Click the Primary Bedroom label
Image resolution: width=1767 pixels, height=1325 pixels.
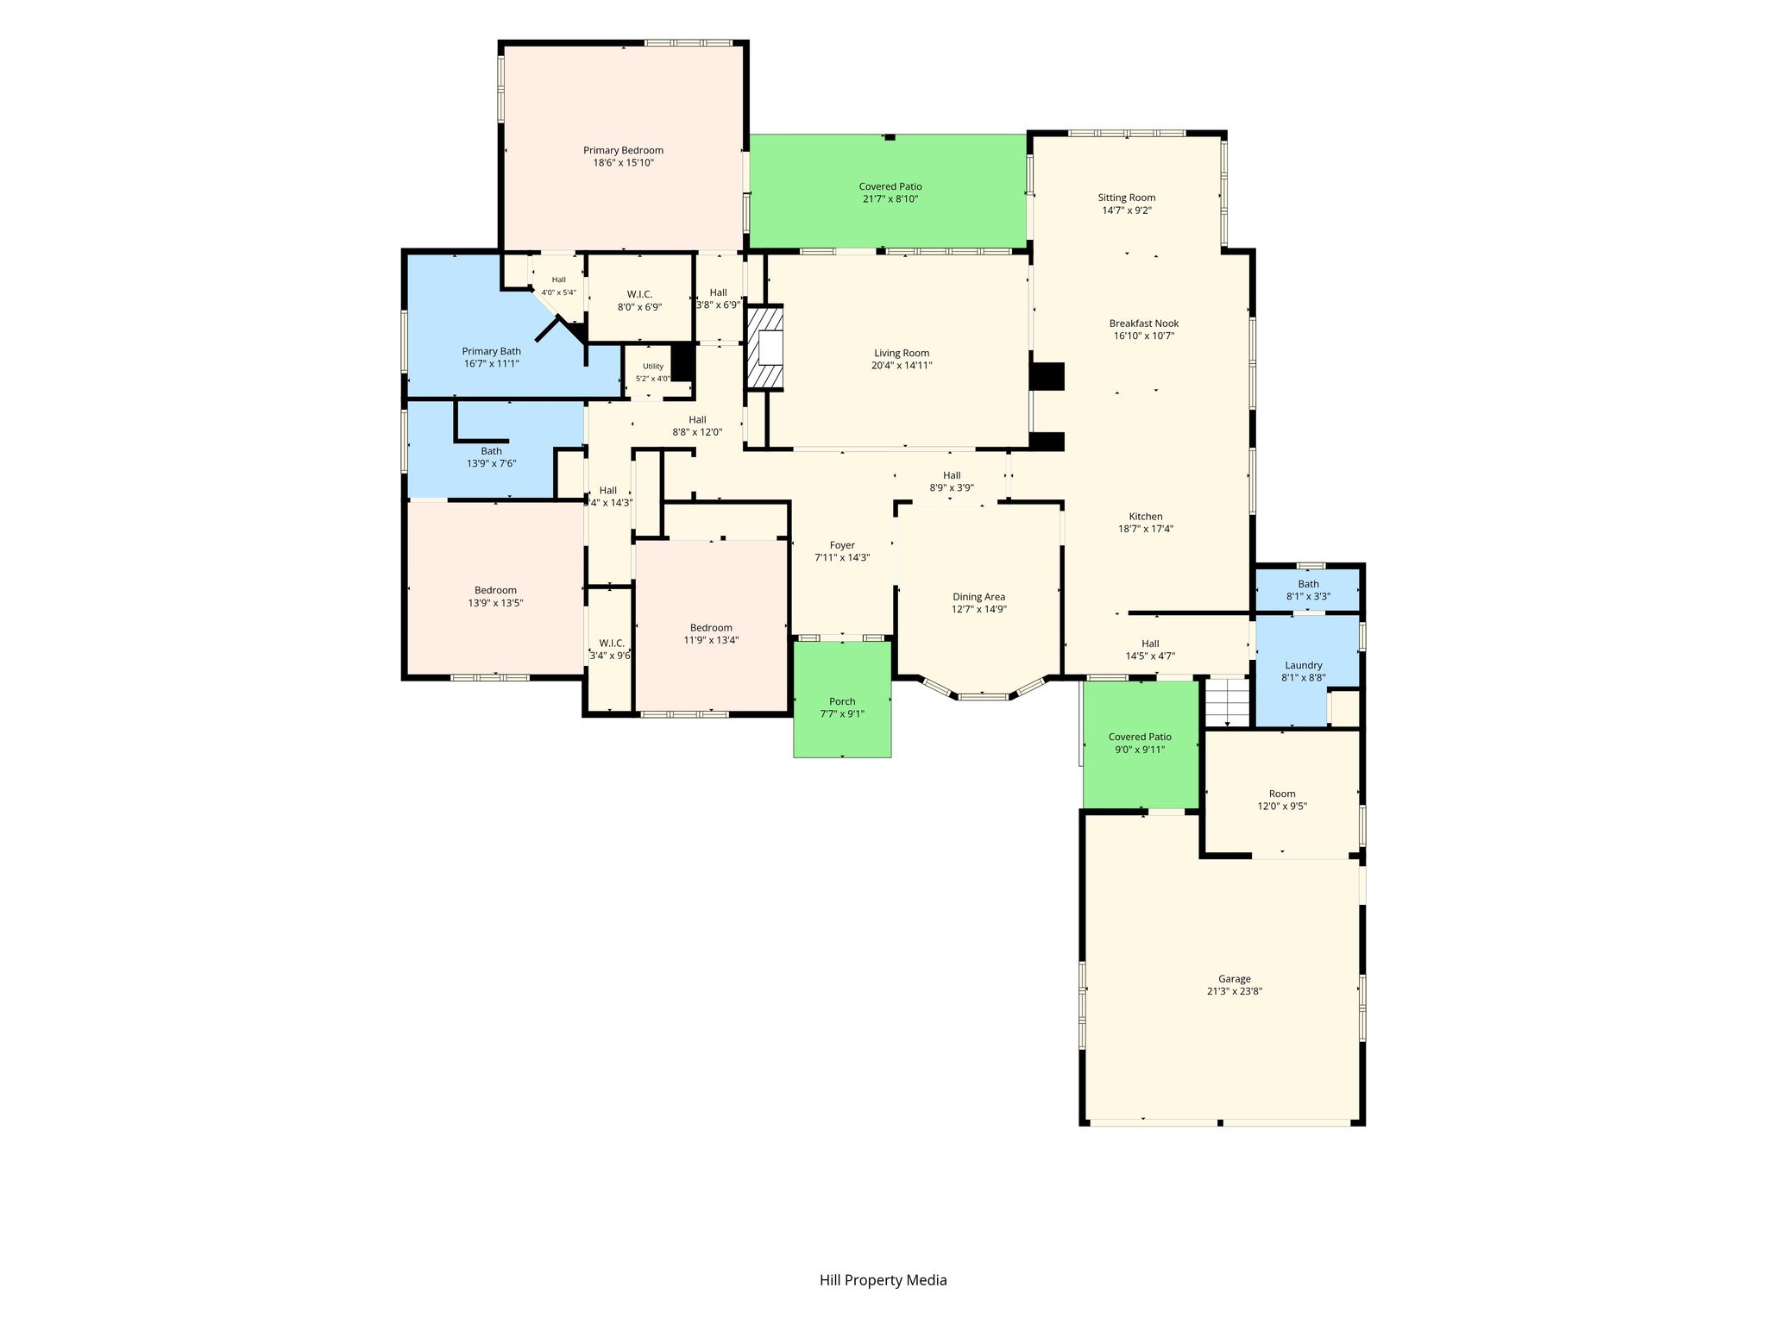tap(623, 150)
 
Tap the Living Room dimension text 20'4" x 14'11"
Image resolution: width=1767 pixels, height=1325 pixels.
tap(902, 365)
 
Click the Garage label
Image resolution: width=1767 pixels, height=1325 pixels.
tap(1235, 979)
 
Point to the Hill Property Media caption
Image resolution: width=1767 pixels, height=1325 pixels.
tap(883, 1280)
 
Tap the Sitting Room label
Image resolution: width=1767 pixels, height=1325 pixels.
tap(1127, 198)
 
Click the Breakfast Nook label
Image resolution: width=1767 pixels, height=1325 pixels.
tap(1144, 323)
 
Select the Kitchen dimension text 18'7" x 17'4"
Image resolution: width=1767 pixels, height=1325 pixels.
tap(1146, 529)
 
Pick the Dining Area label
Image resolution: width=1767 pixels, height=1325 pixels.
tap(979, 597)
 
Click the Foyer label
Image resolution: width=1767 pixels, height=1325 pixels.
tap(842, 545)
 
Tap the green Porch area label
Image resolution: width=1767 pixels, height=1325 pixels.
tap(842, 701)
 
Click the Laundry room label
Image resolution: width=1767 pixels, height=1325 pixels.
tap(1304, 665)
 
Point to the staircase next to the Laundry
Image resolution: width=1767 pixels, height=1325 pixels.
tap(1227, 701)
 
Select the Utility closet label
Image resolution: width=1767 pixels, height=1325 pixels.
tap(653, 367)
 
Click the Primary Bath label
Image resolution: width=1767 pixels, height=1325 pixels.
tap(492, 351)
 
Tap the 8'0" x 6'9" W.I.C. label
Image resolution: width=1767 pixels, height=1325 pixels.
tap(639, 294)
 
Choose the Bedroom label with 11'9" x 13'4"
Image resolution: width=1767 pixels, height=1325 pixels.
tap(711, 628)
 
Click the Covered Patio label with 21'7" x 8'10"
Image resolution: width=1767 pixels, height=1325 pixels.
tap(890, 186)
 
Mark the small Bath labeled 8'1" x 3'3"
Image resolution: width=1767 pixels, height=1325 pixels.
tap(1309, 584)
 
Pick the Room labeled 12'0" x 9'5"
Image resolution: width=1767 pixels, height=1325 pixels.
tap(1282, 794)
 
